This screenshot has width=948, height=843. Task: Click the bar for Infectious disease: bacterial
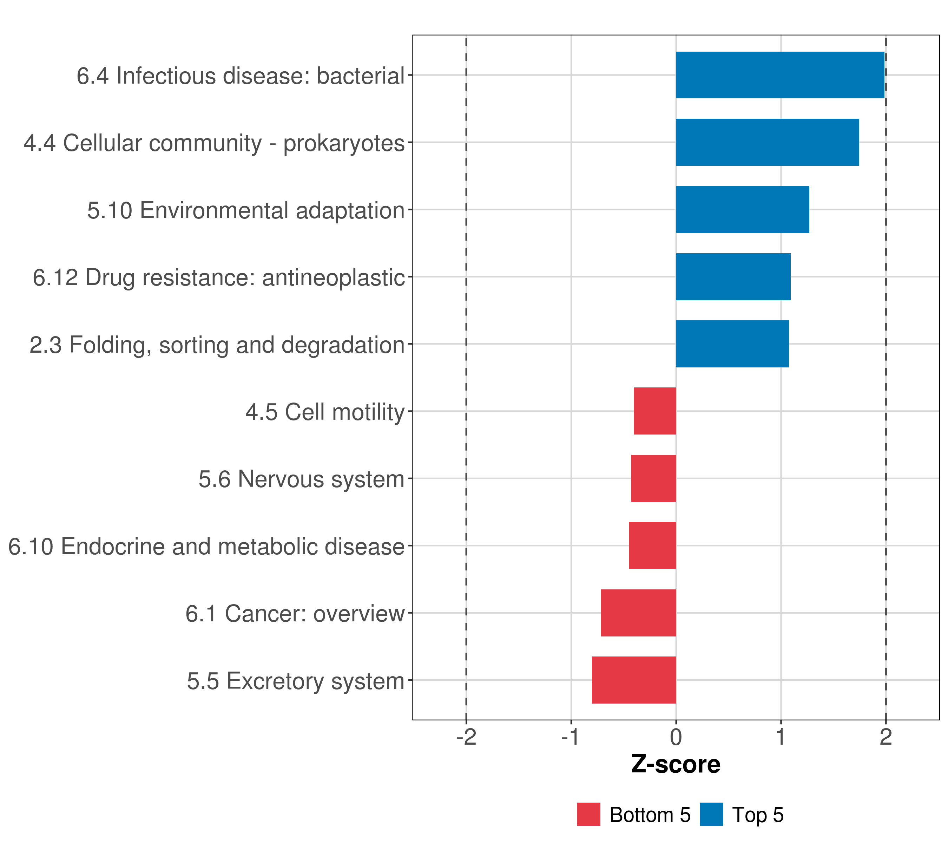click(x=780, y=75)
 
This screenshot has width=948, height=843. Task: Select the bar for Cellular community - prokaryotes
click(x=767, y=143)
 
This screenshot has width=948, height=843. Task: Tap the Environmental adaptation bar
click(x=743, y=209)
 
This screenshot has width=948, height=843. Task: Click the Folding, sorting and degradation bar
click(x=732, y=344)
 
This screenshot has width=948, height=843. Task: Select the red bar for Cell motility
click(x=655, y=411)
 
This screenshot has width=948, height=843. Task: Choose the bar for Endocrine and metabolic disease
click(x=653, y=545)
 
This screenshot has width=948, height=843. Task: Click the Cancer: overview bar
click(x=639, y=613)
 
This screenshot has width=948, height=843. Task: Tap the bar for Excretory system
click(x=634, y=680)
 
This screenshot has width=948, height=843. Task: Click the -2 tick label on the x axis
click(x=466, y=737)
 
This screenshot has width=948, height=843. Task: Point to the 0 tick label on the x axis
click(x=676, y=737)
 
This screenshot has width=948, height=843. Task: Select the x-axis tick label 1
click(x=781, y=737)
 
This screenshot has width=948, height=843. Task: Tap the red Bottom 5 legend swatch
click(x=588, y=815)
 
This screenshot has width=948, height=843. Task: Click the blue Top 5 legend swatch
click(x=711, y=815)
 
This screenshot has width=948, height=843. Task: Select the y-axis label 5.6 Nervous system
click(x=302, y=479)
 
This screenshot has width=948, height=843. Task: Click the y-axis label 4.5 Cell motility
click(x=325, y=412)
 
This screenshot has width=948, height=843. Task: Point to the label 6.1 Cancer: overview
click(x=295, y=614)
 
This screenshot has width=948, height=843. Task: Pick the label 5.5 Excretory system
click(x=295, y=681)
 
